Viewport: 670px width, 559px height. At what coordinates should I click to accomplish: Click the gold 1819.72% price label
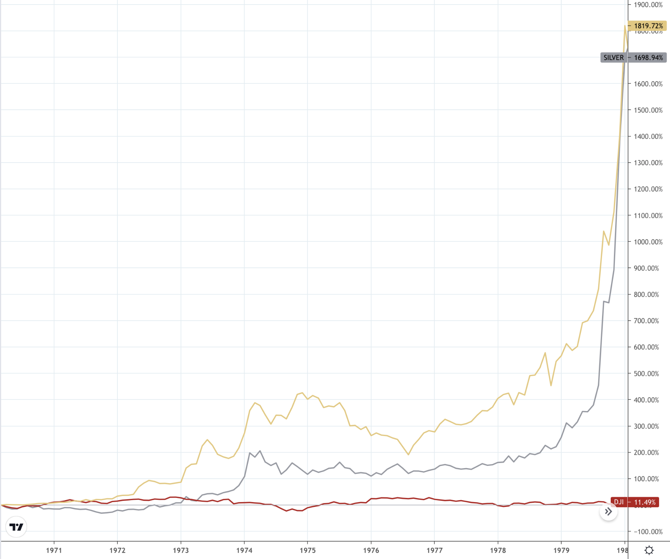tap(648, 26)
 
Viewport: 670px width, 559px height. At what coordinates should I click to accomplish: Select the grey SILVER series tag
tap(613, 58)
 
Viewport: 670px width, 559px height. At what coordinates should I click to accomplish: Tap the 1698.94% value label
tap(648, 58)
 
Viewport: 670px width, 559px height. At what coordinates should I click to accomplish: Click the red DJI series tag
tap(619, 502)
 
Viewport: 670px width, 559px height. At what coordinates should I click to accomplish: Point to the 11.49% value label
tap(645, 502)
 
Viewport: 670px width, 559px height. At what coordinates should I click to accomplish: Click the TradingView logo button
tap(16, 527)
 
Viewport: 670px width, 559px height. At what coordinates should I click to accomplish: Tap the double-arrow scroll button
tap(608, 511)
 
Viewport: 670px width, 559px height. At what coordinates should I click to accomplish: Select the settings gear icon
tap(649, 550)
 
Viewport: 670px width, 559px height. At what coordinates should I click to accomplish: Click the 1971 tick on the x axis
tap(54, 550)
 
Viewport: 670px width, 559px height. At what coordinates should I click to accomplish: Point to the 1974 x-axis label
tap(244, 550)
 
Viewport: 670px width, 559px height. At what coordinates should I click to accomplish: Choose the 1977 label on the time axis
tap(434, 550)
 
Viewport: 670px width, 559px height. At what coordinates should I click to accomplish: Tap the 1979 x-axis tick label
tap(561, 550)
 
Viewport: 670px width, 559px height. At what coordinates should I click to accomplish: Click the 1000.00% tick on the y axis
tap(648, 242)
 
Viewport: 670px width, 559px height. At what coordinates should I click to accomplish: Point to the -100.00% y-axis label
tap(648, 531)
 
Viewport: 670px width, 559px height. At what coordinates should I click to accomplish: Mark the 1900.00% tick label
tap(648, 5)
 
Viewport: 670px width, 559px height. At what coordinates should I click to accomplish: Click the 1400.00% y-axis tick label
tap(648, 137)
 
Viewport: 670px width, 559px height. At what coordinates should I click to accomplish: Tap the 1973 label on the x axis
tap(181, 550)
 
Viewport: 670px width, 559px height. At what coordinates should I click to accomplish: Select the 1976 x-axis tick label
tap(371, 550)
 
